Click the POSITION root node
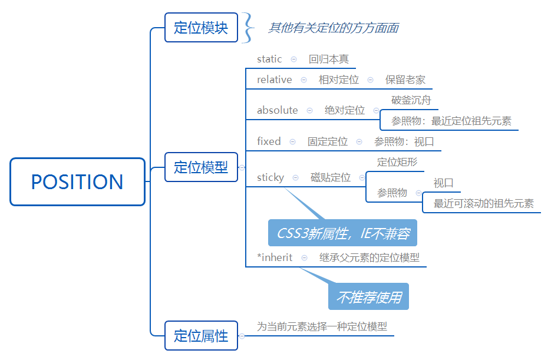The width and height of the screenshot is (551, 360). click(77, 181)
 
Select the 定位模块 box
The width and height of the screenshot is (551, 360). click(201, 28)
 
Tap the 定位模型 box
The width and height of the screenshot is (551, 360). click(201, 167)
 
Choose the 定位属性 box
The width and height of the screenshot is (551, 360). click(201, 336)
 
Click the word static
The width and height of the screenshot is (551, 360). click(269, 59)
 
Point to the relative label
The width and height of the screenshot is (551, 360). click(274, 80)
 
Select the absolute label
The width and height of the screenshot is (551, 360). click(278, 110)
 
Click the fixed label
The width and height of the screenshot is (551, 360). click(269, 141)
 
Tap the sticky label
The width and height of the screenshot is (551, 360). click(270, 177)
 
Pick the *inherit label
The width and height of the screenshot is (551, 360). click(275, 257)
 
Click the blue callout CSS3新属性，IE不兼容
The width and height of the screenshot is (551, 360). click(342, 234)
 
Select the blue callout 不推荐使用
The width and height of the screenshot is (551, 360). click(368, 298)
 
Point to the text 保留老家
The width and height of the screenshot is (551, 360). click(405, 80)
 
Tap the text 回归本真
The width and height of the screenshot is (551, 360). click(328, 59)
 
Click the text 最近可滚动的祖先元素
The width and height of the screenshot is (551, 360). click(484, 204)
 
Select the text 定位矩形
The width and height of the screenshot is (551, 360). click(397, 162)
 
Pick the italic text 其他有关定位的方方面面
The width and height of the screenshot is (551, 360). click(334, 28)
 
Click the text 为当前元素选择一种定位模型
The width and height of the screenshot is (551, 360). click(322, 326)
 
